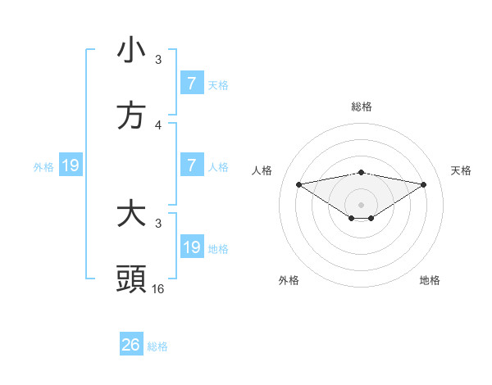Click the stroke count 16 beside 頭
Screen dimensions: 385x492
click(x=158, y=289)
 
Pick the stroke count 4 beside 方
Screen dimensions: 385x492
click(x=158, y=125)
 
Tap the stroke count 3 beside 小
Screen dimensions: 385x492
click(x=158, y=60)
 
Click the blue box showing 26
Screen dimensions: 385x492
click(x=131, y=345)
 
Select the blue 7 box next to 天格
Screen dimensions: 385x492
click(x=192, y=83)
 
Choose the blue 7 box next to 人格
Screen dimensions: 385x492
click(x=192, y=165)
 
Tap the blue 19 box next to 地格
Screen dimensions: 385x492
click(x=192, y=247)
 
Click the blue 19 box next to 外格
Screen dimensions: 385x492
click(x=71, y=165)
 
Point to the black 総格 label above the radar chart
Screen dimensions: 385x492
click(x=362, y=106)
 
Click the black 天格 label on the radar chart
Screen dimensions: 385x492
click(x=462, y=170)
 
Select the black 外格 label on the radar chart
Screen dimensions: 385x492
click(x=289, y=280)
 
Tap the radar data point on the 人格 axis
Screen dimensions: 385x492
click(x=298, y=183)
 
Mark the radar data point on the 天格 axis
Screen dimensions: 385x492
click(x=424, y=184)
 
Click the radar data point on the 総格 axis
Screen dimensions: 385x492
click(x=362, y=172)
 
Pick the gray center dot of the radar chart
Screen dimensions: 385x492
click(x=362, y=204)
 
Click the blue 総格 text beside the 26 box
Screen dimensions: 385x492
click(x=157, y=346)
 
